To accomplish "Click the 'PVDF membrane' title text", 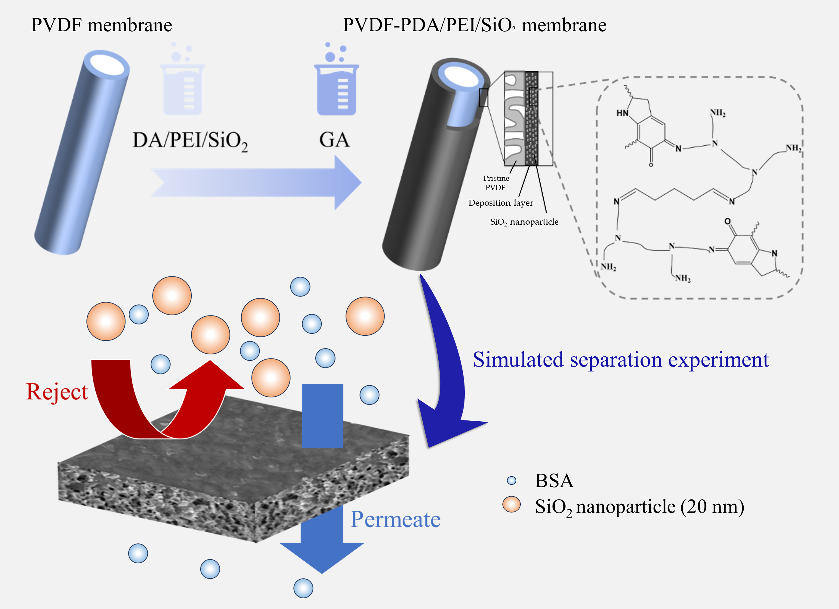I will [x=101, y=25].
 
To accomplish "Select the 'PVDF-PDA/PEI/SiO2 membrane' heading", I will [x=474, y=25].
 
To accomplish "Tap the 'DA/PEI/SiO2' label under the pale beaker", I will [x=190, y=141].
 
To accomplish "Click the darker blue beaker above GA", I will [x=336, y=89].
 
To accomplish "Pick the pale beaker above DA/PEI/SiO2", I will [x=183, y=89].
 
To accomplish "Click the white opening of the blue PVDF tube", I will [x=107, y=65].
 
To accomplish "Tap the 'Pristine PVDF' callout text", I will [x=496, y=183].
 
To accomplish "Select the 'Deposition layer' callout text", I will [x=501, y=203].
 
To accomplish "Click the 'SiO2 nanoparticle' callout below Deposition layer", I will [x=524, y=222].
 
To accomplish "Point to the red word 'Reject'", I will [x=57, y=392].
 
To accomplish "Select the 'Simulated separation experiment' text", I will [x=621, y=359].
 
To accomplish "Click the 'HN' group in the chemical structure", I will [x=622, y=113].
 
